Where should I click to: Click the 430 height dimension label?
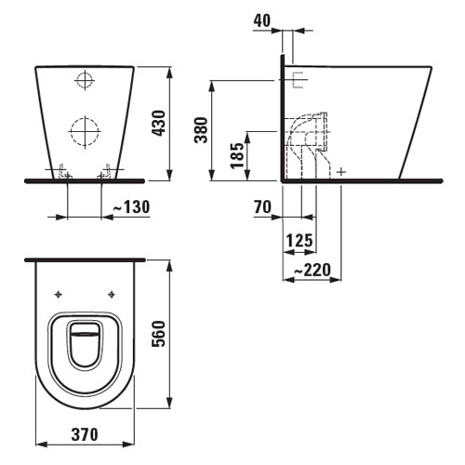[159, 123]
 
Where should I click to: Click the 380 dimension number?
[201, 130]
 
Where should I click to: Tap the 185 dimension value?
[238, 155]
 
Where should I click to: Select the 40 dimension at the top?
[262, 20]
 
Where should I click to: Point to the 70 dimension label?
[262, 206]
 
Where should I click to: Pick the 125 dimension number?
[299, 241]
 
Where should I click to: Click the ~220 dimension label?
[312, 270]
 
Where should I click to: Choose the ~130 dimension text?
[131, 206]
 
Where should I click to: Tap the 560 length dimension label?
[159, 334]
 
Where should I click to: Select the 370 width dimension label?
[85, 434]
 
